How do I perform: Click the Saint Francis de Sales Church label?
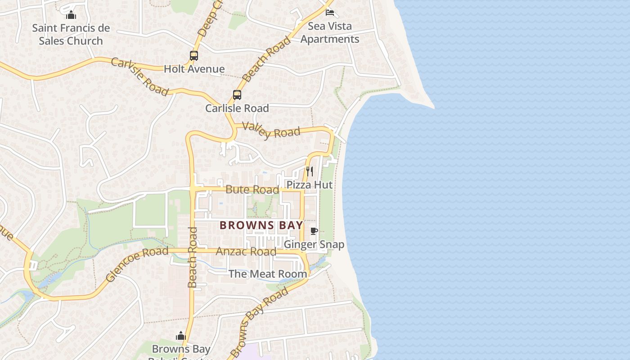71,34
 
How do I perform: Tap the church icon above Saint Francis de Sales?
71,15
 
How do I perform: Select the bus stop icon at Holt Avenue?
194,56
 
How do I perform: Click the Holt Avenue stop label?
194,69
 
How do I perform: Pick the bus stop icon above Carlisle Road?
237,95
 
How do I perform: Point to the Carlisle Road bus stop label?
237,108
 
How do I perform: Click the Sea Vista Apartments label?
330,32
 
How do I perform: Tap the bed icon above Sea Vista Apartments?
330,12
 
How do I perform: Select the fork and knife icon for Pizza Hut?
310,171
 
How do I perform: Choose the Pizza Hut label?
310,184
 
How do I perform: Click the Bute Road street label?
252,189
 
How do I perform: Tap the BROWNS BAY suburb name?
261,225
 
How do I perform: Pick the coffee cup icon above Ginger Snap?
314,231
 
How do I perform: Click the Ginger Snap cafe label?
314,244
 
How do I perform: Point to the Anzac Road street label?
246,251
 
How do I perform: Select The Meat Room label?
268,274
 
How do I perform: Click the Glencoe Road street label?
137,264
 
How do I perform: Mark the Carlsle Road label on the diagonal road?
139,76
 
